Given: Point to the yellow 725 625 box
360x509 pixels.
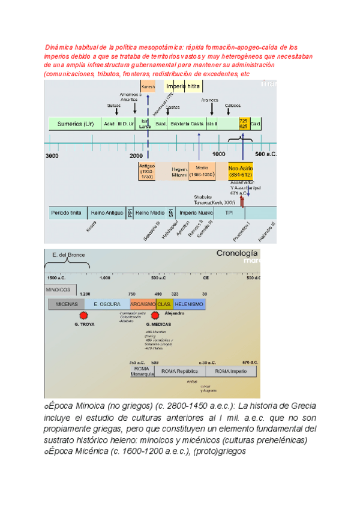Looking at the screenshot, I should click(244, 124).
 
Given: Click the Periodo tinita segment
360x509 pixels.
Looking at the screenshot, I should click(65, 213).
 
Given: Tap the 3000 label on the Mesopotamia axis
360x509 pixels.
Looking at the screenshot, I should click(52, 155).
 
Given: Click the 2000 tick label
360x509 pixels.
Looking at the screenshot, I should click(137, 155).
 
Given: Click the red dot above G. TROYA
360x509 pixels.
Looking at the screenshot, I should click(84, 315).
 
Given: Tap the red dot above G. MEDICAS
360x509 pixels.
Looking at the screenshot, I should click(155, 315).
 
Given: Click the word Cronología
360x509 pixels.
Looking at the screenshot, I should click(237, 254).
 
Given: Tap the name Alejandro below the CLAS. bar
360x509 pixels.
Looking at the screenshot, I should click(175, 313).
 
